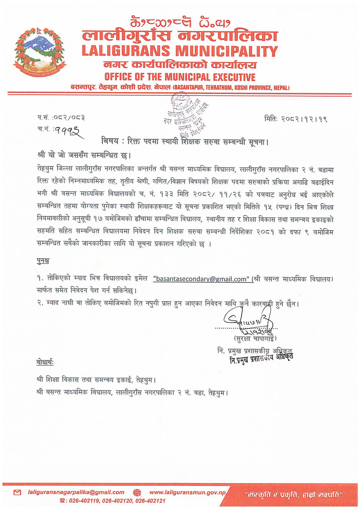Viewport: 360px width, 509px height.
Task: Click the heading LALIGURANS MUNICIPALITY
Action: click(x=180, y=51)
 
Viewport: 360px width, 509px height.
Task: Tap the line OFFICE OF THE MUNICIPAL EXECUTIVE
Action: click(x=180, y=77)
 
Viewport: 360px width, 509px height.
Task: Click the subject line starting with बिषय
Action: click(x=185, y=141)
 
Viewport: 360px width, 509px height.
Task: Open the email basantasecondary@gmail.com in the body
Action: click(x=201, y=279)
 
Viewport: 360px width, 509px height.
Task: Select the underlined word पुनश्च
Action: click(x=43, y=260)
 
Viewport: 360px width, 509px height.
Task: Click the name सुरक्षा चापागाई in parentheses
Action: click(x=255, y=338)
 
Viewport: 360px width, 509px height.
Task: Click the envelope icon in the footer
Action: click(x=17, y=492)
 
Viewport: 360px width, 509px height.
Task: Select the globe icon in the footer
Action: click(x=137, y=492)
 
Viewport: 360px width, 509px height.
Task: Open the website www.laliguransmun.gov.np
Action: click(x=187, y=492)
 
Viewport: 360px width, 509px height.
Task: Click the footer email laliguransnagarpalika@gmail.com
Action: click(x=76, y=492)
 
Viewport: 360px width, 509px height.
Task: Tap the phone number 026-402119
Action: click(x=83, y=501)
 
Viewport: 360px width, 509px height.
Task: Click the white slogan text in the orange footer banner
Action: click(x=293, y=495)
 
